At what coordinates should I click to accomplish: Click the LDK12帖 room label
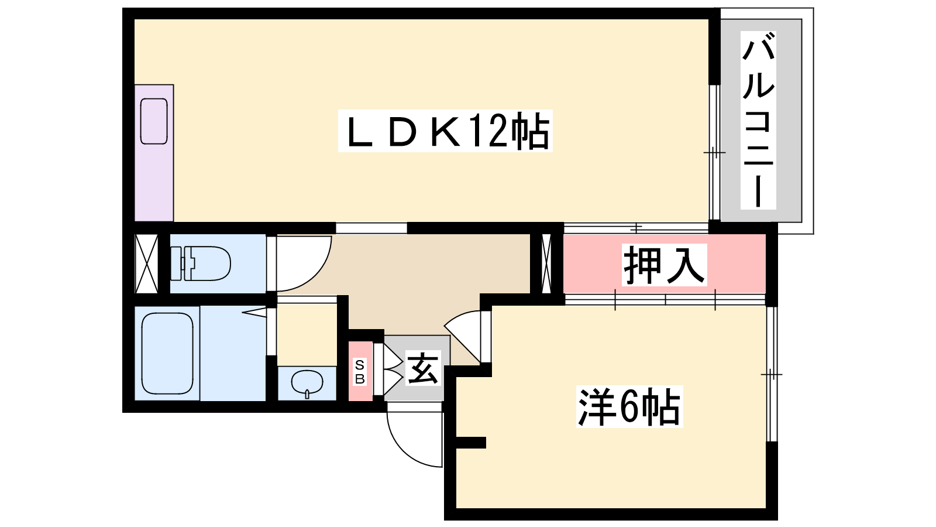(445, 131)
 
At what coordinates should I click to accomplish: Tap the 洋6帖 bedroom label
(629, 406)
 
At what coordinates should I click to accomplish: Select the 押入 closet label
(665, 265)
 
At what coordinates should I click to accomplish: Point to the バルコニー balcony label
(758, 120)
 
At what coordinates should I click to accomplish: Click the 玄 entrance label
(424, 368)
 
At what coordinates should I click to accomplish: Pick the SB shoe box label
(360, 372)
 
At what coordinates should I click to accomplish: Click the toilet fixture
(201, 263)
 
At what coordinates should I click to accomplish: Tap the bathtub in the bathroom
(167, 354)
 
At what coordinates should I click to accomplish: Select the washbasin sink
(307, 383)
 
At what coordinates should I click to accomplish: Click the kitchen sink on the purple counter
(154, 121)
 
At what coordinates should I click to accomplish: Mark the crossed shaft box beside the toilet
(147, 263)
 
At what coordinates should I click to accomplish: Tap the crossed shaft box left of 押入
(546, 264)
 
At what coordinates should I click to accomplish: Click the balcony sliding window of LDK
(714, 152)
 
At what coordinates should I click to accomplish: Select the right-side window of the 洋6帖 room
(772, 374)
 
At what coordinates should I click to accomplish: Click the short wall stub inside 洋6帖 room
(471, 443)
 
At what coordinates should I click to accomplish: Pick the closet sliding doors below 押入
(665, 300)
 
